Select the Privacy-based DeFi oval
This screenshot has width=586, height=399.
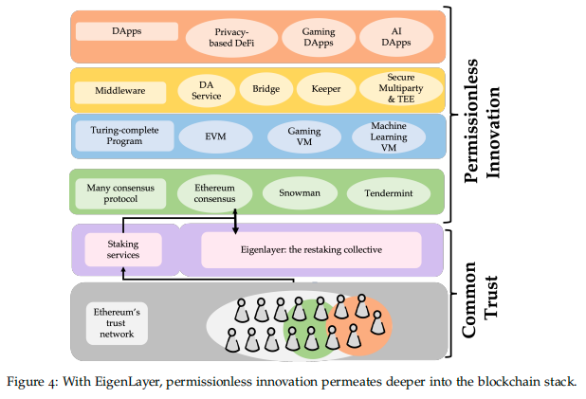(230, 38)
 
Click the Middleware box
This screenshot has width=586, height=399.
(121, 91)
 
